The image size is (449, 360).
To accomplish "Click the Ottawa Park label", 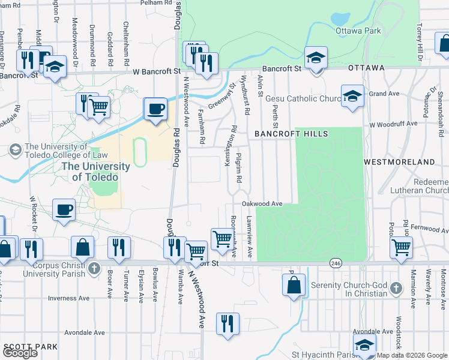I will [x=359, y=31].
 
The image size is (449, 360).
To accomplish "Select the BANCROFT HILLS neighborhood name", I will [x=291, y=133].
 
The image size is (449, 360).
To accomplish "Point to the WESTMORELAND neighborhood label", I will [x=399, y=162].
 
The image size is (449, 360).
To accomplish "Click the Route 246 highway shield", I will [x=336, y=263].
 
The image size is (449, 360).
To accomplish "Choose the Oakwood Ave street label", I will [x=262, y=204].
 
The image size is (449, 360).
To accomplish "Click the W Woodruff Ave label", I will [x=393, y=124].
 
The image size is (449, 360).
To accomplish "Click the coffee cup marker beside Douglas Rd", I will [x=155, y=109].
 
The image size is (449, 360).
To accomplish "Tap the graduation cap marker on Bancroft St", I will [x=316, y=58].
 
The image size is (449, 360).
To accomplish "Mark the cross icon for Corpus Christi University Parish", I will [x=94, y=268].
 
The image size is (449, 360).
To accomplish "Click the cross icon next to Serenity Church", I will [x=396, y=289].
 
